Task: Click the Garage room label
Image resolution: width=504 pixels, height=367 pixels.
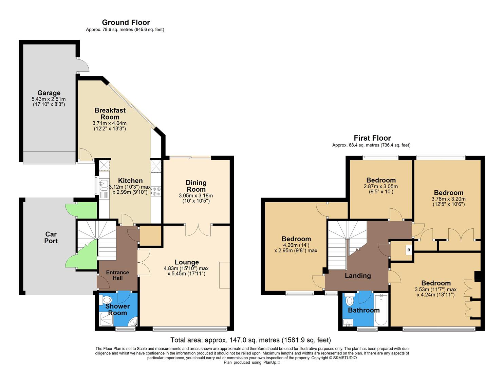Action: pos(49,93)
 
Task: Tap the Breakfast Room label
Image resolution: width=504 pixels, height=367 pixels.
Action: pos(110,113)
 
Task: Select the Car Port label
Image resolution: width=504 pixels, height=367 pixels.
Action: pos(51,238)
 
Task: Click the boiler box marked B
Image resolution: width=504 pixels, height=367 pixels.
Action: pos(409,250)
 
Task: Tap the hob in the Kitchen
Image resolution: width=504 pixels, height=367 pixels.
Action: pos(156,191)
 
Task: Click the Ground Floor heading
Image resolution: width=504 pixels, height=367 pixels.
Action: pos(126,22)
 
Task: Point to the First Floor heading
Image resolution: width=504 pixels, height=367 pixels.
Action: pos(372,138)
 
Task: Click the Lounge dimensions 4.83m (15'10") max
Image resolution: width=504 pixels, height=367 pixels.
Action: pos(186,268)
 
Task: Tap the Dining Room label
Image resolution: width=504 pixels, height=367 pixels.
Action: pos(196,186)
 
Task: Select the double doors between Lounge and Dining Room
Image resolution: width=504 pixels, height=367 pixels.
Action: pos(198,230)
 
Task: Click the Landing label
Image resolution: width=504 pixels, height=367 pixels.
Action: pos(358,276)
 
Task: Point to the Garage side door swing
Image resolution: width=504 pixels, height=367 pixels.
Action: pos(83,65)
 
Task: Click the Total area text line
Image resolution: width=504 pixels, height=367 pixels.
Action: pos(250,340)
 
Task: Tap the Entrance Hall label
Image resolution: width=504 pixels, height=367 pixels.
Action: pos(117,275)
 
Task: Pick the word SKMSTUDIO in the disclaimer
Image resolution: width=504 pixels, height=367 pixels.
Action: pos(345,358)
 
